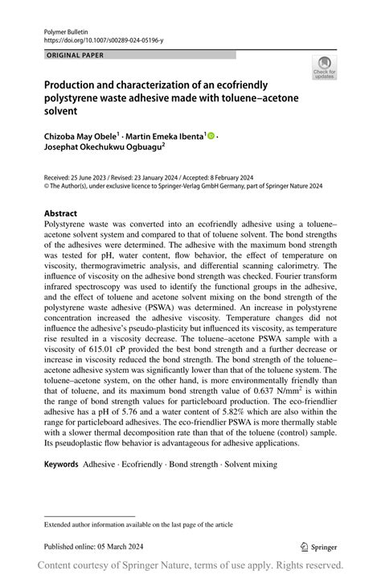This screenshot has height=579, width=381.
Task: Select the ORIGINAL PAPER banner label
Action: click(x=76, y=56)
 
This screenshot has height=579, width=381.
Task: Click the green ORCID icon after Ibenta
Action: click(x=211, y=137)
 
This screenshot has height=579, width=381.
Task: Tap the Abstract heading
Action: click(x=61, y=214)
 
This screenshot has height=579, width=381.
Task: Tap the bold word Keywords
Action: click(x=61, y=465)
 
